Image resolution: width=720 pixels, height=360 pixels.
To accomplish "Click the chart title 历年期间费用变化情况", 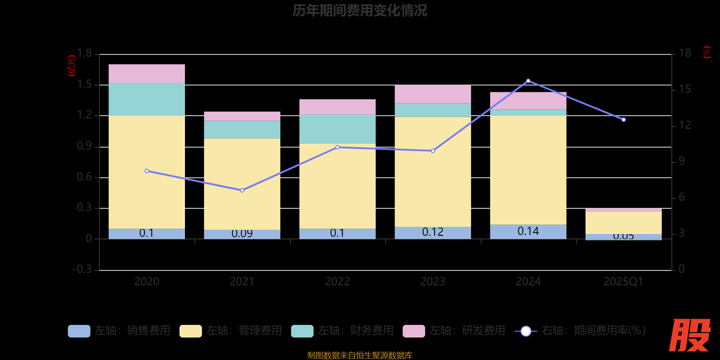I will (360, 10).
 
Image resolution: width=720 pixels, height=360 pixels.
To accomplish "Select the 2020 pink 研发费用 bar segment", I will (147, 73).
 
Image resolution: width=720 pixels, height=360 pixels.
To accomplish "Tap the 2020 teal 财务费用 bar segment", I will (147, 99).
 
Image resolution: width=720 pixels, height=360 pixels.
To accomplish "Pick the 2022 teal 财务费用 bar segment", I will (337, 129).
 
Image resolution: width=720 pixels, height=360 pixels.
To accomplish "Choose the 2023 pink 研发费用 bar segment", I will (433, 94).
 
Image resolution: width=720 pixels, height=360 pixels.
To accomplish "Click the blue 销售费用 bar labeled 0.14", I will (528, 231).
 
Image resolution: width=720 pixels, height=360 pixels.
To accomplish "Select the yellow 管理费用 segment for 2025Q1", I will (623, 222).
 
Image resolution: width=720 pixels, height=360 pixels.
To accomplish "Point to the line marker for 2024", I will (528, 81).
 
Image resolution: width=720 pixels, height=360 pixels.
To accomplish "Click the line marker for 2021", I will (242, 190).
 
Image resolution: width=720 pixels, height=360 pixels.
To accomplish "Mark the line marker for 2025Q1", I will (624, 120).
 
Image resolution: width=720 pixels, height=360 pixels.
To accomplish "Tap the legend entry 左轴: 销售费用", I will (119, 331).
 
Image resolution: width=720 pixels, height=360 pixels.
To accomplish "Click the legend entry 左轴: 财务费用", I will (342, 331).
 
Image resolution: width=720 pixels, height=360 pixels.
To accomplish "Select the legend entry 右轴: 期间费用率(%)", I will (580, 331).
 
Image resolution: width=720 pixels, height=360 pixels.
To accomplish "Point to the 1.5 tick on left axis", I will (84, 85).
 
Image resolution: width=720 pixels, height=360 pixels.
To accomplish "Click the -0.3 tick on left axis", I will (82, 269).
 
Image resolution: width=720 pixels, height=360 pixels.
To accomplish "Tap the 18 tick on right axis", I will (684, 53).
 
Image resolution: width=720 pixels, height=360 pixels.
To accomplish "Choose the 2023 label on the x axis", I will (433, 282).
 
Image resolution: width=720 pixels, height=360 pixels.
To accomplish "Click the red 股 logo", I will (689, 335).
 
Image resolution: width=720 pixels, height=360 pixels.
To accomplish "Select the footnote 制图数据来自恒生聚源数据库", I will (360, 355).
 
